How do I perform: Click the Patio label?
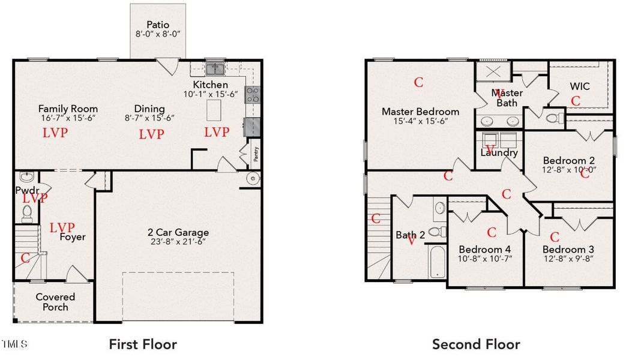tap(158, 25)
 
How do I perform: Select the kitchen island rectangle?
tap(214, 111)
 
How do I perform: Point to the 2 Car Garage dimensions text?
tap(178, 242)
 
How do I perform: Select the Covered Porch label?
tap(55, 302)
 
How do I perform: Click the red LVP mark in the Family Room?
tap(55, 133)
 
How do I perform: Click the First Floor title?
tap(143, 344)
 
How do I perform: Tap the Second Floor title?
tap(476, 344)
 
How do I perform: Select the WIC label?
tap(579, 86)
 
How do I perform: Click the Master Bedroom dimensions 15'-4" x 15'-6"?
tap(420, 121)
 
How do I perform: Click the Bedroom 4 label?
tap(485, 250)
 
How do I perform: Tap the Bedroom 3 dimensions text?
tap(568, 259)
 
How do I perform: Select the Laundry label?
tap(499, 152)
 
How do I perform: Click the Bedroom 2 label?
tap(568, 160)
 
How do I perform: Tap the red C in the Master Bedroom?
tap(419, 82)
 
